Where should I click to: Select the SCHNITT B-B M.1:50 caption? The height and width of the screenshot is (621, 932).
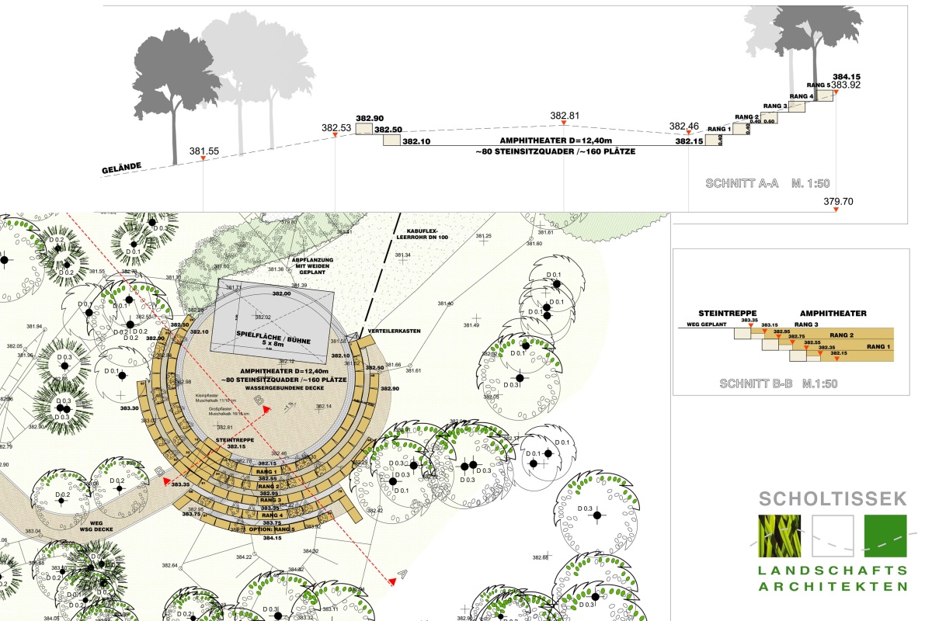pos(778,383)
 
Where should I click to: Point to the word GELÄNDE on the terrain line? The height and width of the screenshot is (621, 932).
pos(124,167)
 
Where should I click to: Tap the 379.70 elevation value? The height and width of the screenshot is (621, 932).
pos(838,201)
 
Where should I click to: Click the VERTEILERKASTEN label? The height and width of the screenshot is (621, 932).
pos(395,331)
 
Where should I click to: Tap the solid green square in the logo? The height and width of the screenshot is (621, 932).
pos(885,536)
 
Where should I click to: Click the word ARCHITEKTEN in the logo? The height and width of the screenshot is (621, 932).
pos(833,586)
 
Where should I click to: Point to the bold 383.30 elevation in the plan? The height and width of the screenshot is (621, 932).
pos(129,408)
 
